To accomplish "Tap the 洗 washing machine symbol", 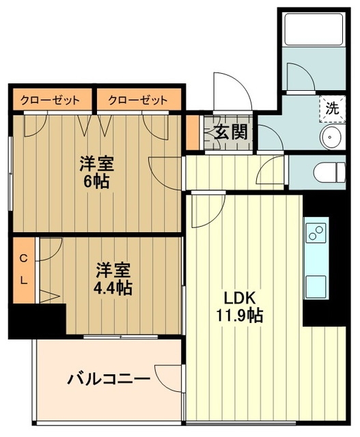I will pyautogui.click(x=331, y=107).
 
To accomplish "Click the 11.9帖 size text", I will pyautogui.click(x=236, y=315).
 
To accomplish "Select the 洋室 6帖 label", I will pyautogui.click(x=95, y=172).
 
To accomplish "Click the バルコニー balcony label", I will pyautogui.click(x=108, y=378).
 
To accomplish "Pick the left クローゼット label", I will pyautogui.click(x=50, y=100).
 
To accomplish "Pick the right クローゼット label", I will pyautogui.click(x=137, y=100).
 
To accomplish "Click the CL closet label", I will pyautogui.click(x=23, y=269).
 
